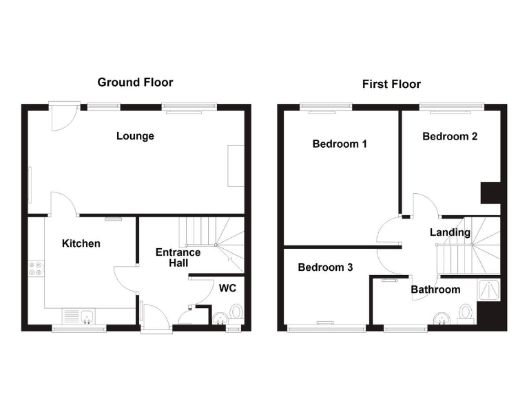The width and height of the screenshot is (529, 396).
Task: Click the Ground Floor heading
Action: (135, 82)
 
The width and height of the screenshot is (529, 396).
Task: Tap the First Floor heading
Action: (391, 85)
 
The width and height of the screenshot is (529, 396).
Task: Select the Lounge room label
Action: (135, 136)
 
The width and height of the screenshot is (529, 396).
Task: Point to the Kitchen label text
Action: (81, 243)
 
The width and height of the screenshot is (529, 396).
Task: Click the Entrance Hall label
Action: (178, 257)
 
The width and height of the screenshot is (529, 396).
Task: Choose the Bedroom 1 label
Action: (340, 144)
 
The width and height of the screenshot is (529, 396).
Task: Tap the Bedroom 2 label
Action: (450, 137)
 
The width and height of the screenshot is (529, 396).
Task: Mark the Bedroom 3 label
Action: (325, 267)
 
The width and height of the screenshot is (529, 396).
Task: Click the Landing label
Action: (450, 232)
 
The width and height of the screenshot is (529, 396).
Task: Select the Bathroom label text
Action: (435, 289)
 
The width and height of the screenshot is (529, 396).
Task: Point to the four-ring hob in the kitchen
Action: (36, 268)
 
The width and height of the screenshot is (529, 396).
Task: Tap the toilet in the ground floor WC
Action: (236, 313)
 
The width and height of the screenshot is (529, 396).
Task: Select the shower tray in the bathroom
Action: (489, 290)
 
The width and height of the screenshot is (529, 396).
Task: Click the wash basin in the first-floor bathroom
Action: (441, 318)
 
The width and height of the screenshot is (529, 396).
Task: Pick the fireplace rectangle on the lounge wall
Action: (236, 166)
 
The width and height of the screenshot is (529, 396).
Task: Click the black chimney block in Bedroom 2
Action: (490, 192)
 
